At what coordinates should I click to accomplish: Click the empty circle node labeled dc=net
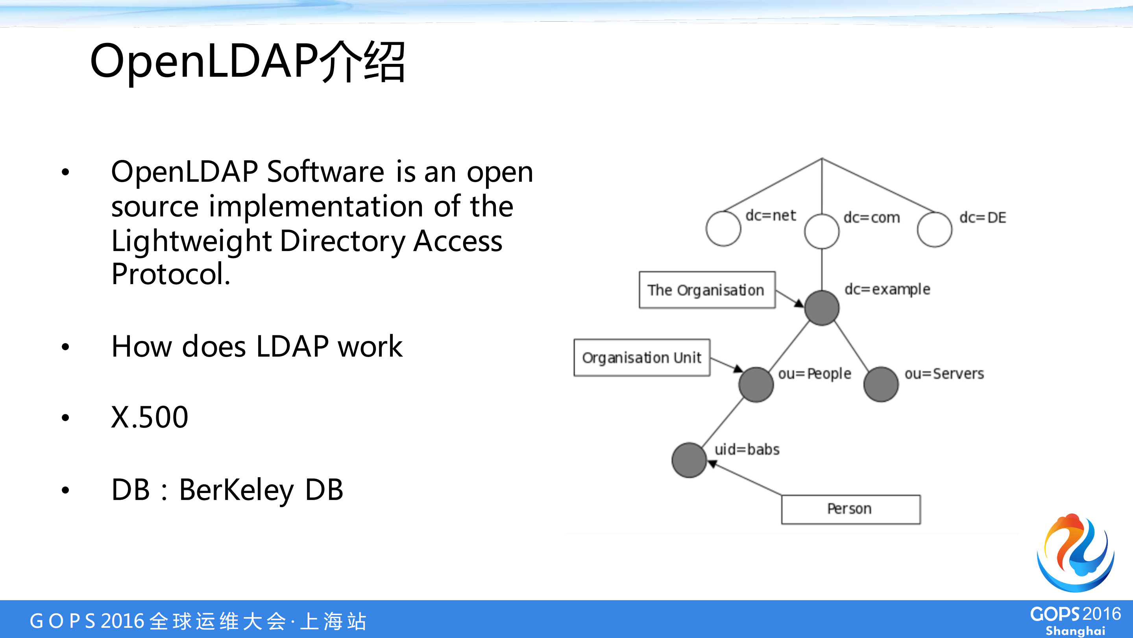pyautogui.click(x=723, y=229)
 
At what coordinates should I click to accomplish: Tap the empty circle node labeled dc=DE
pyautogui.click(x=935, y=229)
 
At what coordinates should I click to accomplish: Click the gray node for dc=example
pyautogui.click(x=822, y=308)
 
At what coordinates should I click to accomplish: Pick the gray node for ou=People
pyautogui.click(x=756, y=384)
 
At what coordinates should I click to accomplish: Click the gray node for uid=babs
pyautogui.click(x=689, y=460)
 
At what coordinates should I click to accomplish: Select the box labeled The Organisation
pyautogui.click(x=707, y=290)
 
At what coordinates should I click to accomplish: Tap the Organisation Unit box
pyautogui.click(x=642, y=357)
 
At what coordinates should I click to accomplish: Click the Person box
pyautogui.click(x=850, y=509)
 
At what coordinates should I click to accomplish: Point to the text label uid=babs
pyautogui.click(x=747, y=450)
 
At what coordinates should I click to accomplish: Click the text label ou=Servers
pyautogui.click(x=944, y=374)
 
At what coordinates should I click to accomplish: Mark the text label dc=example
pyautogui.click(x=887, y=289)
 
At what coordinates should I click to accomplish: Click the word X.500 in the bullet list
pyautogui.click(x=150, y=417)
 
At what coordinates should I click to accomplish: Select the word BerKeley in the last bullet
pyautogui.click(x=237, y=490)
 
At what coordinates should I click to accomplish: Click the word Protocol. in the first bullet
pyautogui.click(x=171, y=274)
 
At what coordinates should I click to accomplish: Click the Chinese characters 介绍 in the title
pyautogui.click(x=362, y=61)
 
